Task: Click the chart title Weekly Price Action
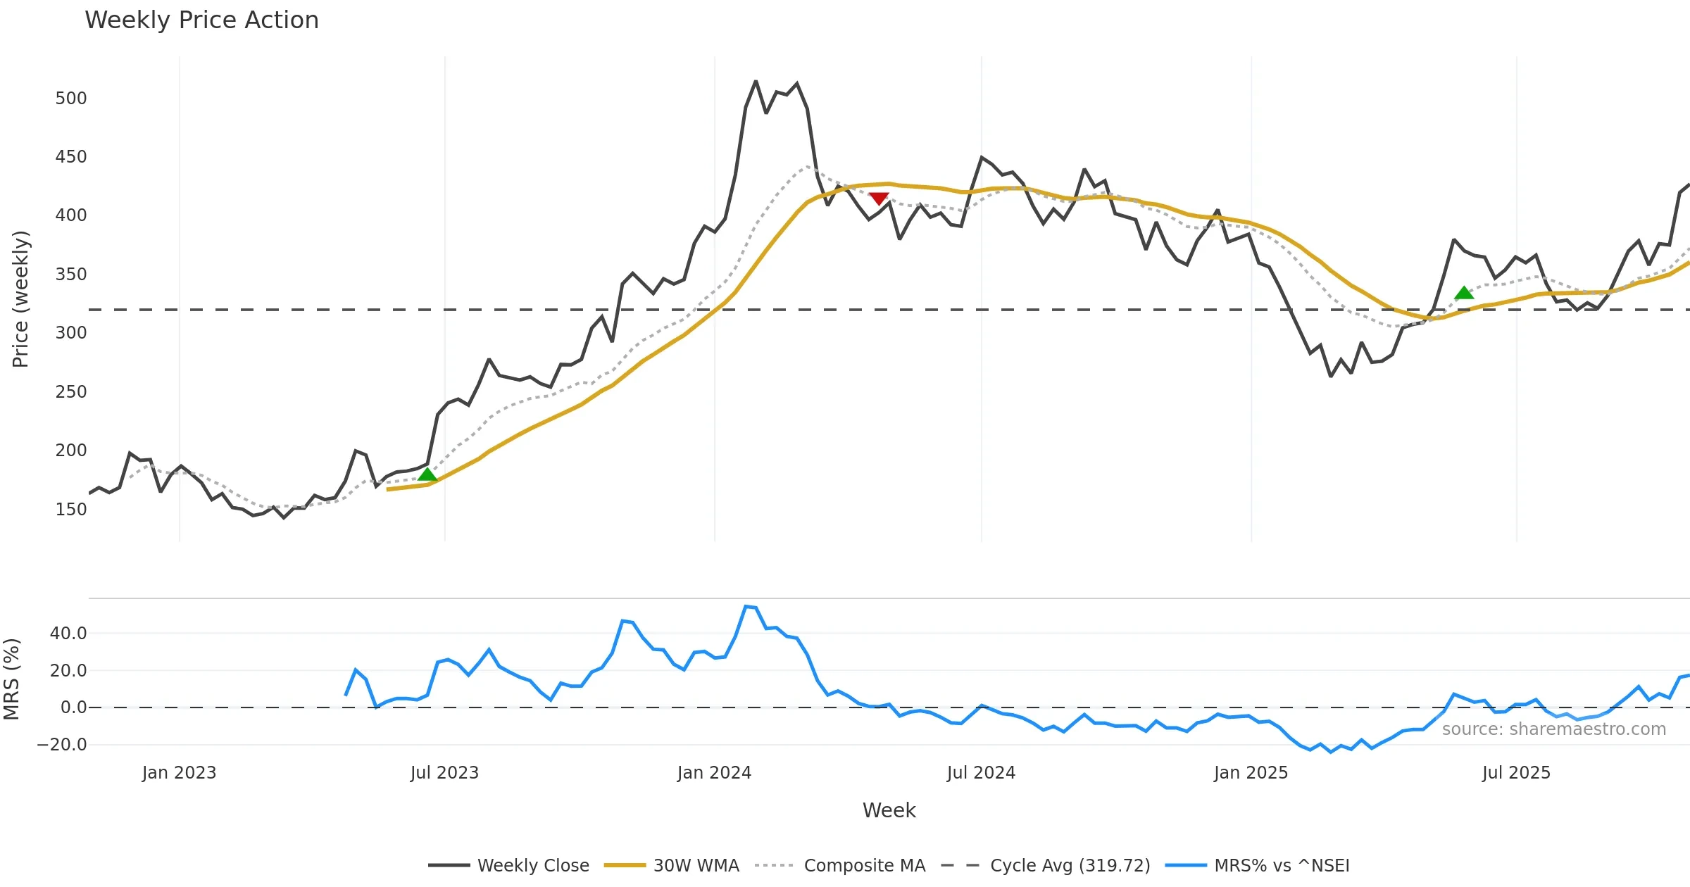pos(201,20)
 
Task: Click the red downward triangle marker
pos(879,199)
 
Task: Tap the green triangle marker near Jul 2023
pos(427,474)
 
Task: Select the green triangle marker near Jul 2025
pos(1464,293)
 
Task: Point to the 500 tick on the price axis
pos(71,98)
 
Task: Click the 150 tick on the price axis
pos(71,509)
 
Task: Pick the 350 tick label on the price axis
pos(71,274)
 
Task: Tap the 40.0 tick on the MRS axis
pos(68,633)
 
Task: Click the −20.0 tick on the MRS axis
pos(62,744)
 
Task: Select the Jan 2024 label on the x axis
pos(714,773)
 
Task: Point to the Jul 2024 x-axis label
pos(981,773)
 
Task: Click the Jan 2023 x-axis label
pos(179,773)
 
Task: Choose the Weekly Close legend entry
pos(532,865)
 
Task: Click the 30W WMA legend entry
pos(696,865)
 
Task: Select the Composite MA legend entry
pos(864,865)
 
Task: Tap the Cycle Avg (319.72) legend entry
pos(1070,865)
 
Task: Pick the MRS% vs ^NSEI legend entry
pos(1282,865)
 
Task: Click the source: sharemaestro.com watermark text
pos(1553,729)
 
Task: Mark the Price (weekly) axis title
pos(20,299)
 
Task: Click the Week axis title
pos(889,810)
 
